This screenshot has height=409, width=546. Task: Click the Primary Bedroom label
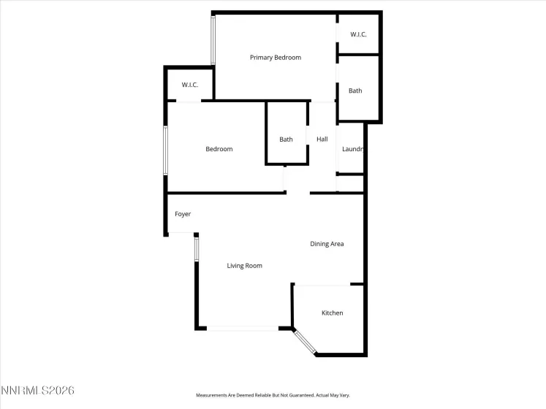pyautogui.click(x=275, y=58)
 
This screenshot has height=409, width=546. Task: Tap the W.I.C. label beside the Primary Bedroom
pyautogui.click(x=358, y=34)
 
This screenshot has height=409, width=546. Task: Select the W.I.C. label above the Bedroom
pyautogui.click(x=190, y=85)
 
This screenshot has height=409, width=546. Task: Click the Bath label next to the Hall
pyautogui.click(x=286, y=139)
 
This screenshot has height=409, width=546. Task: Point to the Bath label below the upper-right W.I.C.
pyautogui.click(x=355, y=91)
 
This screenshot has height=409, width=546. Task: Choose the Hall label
pyautogui.click(x=322, y=139)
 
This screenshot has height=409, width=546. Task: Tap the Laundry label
pyautogui.click(x=352, y=149)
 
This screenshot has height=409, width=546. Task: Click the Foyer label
pyautogui.click(x=183, y=214)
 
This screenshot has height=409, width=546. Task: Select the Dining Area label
pyautogui.click(x=327, y=244)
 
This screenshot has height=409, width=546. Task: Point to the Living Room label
pyautogui.click(x=244, y=266)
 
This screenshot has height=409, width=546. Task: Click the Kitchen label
pyautogui.click(x=333, y=313)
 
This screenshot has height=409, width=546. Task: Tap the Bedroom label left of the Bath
pyautogui.click(x=219, y=149)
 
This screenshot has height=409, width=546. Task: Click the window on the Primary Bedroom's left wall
pyautogui.click(x=213, y=40)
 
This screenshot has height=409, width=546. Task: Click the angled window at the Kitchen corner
pyautogui.click(x=305, y=342)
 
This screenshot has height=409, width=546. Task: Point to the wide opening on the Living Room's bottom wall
pyautogui.click(x=243, y=329)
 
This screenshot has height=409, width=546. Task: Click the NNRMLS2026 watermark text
pyautogui.click(x=37, y=391)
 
